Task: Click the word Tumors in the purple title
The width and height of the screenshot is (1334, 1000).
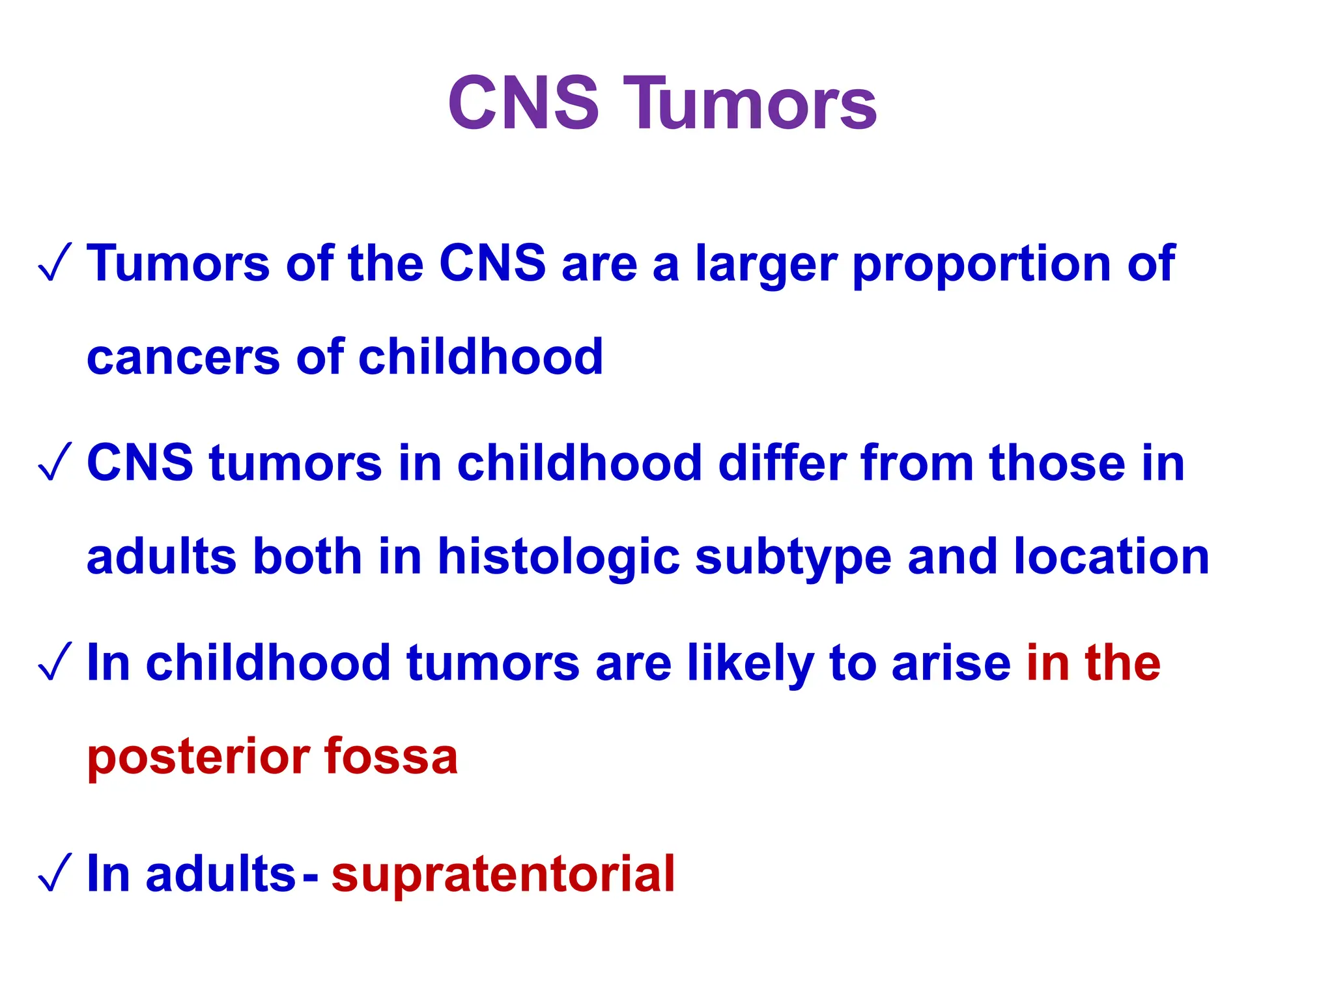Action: [750, 104]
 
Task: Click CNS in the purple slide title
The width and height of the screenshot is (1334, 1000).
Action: [523, 104]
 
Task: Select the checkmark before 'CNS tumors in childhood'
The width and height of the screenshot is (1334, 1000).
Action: [55, 463]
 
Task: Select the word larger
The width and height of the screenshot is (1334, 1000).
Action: [765, 266]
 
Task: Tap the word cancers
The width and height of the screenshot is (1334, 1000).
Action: [183, 358]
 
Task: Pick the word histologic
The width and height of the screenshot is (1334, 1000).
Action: [558, 559]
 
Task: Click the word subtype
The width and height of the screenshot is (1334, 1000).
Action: [793, 559]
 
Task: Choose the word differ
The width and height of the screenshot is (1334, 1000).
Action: [780, 463]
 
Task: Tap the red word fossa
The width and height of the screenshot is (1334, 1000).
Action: [390, 757]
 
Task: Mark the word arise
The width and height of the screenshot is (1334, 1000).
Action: [950, 663]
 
